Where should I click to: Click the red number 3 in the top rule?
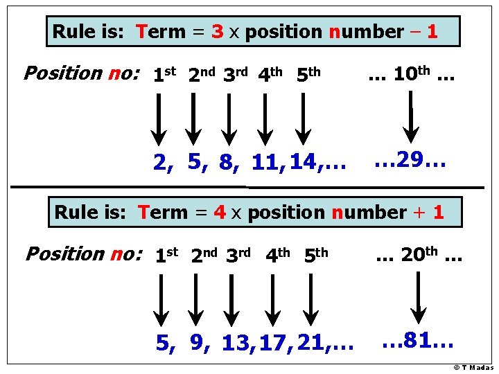tap(217, 32)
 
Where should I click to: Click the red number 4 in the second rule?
tap(220, 213)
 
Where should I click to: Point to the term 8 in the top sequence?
tap(227, 163)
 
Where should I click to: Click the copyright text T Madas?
tap(474, 368)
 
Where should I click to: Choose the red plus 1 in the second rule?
tap(429, 213)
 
